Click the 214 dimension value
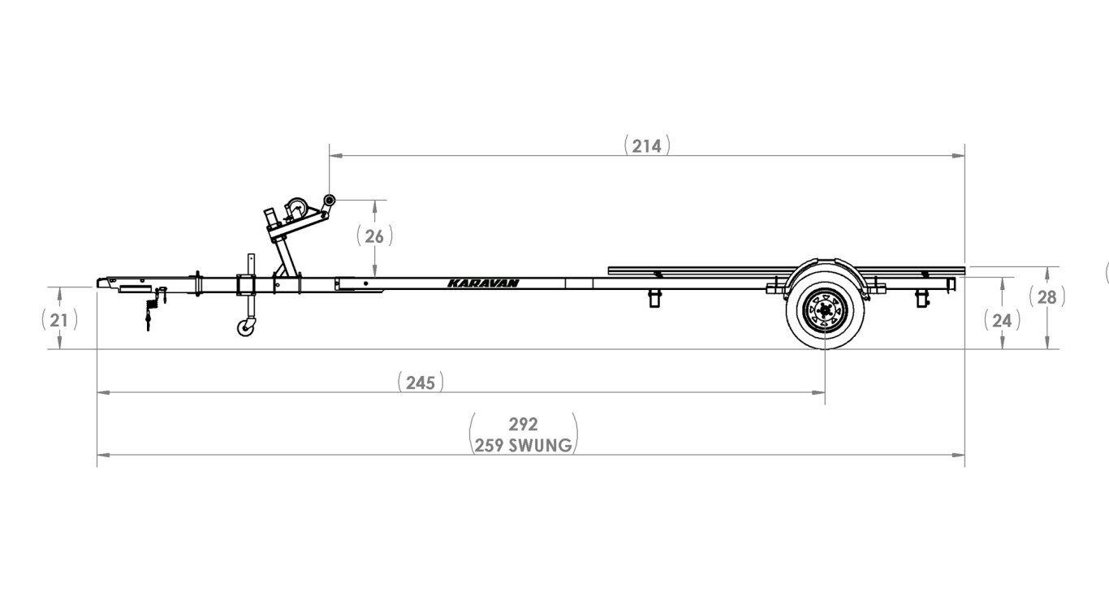[647, 145]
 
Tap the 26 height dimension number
[374, 236]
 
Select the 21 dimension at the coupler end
[59, 320]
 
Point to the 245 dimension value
[421, 382]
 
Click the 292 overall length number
[524, 424]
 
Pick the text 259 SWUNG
[524, 444]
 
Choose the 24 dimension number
[1002, 320]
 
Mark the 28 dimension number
[1047, 297]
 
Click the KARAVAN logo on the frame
[483, 283]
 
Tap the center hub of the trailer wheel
[824, 309]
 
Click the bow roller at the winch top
[329, 200]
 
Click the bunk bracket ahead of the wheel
[655, 299]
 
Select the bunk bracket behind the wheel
[921, 298]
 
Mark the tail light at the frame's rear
[951, 284]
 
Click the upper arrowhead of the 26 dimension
[374, 204]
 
